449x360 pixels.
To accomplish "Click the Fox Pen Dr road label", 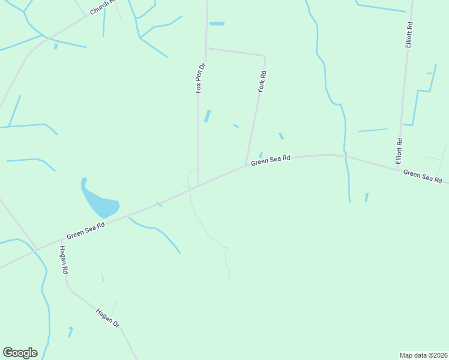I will click(x=200, y=78).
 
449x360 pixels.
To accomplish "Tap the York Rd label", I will click(x=262, y=82).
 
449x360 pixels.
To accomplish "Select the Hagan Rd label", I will click(x=63, y=260).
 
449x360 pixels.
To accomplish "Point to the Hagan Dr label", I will click(x=108, y=317).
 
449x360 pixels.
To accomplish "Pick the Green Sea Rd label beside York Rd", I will click(x=271, y=160).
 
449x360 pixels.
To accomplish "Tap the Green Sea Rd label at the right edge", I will click(x=423, y=176).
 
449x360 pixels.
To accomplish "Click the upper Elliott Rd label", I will click(x=409, y=35).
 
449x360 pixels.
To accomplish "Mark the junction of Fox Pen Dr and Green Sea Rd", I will click(x=199, y=185).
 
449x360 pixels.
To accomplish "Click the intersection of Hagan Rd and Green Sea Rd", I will click(x=37, y=249).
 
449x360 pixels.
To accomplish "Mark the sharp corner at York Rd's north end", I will click(x=264, y=56).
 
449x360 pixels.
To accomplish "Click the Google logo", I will click(x=20, y=353).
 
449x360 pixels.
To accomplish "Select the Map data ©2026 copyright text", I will click(x=423, y=355).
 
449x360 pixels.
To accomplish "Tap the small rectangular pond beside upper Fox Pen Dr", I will click(x=217, y=23).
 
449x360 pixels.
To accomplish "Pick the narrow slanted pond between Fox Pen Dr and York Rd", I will click(x=208, y=116).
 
